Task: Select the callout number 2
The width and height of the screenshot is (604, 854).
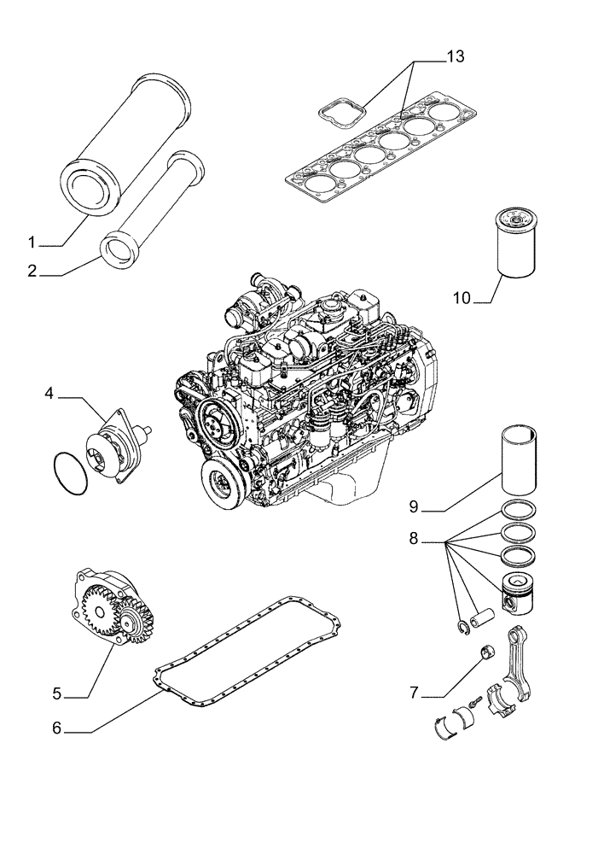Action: (32, 273)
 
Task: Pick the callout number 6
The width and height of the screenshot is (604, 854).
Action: (57, 728)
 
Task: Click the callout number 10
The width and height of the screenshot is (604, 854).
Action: (462, 298)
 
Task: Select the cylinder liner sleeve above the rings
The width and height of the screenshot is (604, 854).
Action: (520, 461)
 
